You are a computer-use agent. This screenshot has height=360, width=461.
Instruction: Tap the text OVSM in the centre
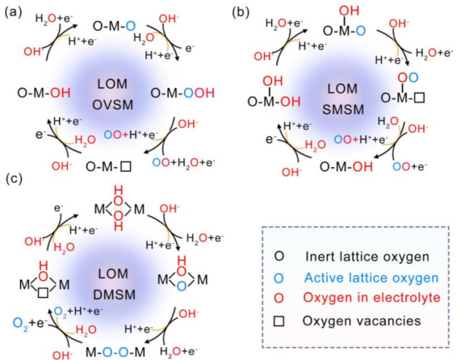tap(113, 104)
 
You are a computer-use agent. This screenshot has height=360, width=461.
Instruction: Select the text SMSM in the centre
tap(343, 110)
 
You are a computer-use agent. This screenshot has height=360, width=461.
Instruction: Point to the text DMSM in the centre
tap(115, 295)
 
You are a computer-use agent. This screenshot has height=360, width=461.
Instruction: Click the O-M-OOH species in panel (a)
tap(182, 93)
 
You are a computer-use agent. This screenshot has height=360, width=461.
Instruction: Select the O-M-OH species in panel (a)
tap(44, 93)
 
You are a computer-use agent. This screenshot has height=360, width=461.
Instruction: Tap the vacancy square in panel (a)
tap(126, 167)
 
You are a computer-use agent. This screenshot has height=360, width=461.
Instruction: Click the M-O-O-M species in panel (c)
tap(115, 352)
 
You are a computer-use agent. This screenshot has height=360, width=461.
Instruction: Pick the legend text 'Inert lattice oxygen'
tap(368, 256)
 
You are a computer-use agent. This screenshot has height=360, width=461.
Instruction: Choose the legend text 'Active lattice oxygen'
tap(371, 277)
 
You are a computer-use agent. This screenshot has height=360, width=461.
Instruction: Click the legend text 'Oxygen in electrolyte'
tap(371, 298)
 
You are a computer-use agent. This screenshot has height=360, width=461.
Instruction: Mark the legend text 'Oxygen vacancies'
tap(362, 320)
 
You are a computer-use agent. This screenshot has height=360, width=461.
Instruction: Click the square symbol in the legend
tap(279, 321)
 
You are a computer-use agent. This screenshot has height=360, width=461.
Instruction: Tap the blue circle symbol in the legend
tap(279, 278)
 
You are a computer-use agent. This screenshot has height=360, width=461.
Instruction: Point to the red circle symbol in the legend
tap(279, 299)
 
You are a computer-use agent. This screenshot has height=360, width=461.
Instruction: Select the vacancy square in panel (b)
tap(419, 97)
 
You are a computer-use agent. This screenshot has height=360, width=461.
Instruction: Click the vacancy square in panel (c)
tap(44, 293)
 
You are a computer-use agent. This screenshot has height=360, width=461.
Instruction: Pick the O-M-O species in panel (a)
tap(114, 26)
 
